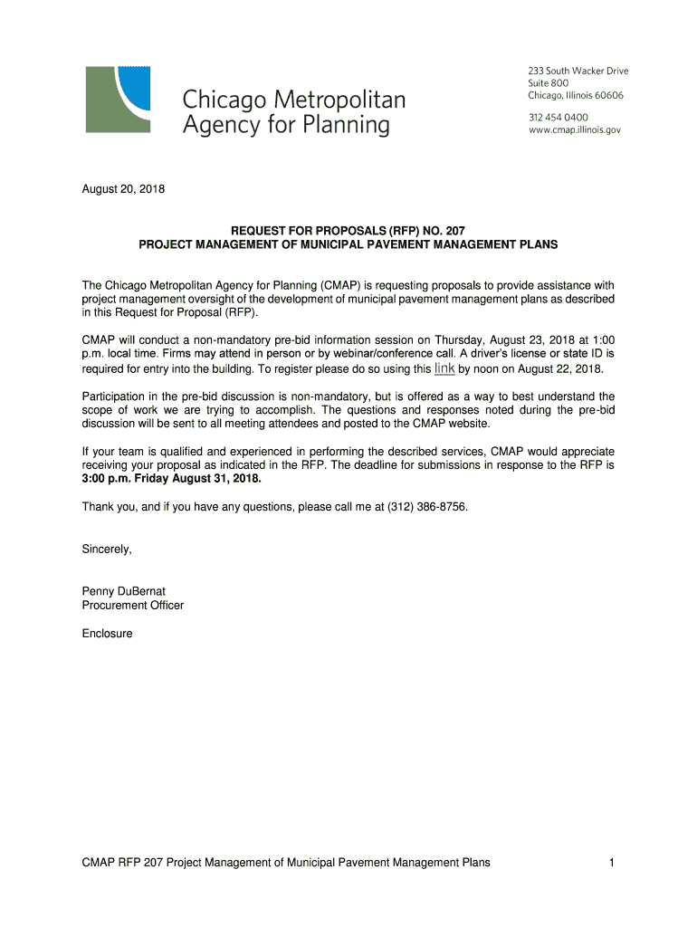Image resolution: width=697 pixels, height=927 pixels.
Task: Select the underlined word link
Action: click(x=444, y=368)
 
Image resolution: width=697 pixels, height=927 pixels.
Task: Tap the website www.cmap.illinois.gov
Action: click(x=575, y=129)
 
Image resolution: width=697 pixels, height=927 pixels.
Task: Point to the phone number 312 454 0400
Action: click(x=559, y=117)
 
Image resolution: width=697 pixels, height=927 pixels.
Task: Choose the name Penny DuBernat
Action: click(x=124, y=591)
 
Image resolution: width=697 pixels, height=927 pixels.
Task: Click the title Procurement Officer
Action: click(x=133, y=605)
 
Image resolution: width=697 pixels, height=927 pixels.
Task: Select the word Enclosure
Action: click(x=108, y=634)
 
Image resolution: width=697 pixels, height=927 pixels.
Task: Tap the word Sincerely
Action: click(x=107, y=549)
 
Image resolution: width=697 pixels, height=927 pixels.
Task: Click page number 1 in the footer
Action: click(x=612, y=863)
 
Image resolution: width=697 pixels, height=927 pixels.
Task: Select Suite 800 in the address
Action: click(x=549, y=83)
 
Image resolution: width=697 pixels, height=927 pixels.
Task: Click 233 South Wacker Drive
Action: click(x=578, y=71)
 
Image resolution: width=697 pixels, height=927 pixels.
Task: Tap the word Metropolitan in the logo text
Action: click(x=339, y=98)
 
